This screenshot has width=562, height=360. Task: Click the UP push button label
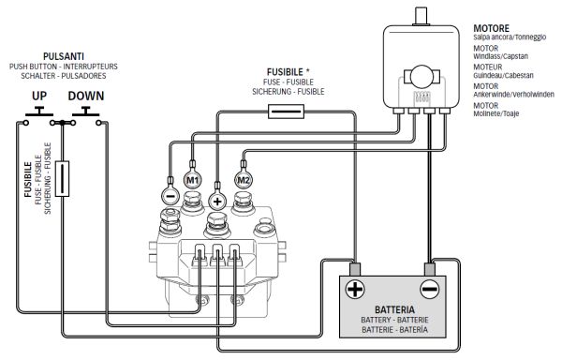coord(39,96)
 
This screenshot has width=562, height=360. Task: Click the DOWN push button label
coord(86,96)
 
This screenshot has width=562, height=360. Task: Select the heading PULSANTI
coord(64,56)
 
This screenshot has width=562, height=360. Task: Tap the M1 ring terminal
coord(192,179)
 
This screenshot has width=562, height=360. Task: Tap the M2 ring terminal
coord(244,179)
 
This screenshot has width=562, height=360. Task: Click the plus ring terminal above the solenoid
coord(217,202)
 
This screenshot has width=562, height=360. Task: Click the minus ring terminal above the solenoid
coord(170,196)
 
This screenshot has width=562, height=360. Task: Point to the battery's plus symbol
coord(355,289)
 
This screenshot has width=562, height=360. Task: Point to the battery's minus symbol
coord(429,289)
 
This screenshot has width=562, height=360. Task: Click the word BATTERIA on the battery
coord(394,309)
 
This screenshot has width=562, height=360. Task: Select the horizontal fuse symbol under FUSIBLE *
coord(287,112)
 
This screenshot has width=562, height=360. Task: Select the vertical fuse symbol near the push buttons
coord(62,178)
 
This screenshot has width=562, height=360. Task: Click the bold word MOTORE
coord(492,28)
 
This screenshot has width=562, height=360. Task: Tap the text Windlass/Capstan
coord(500,56)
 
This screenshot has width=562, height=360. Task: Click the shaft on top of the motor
coord(421,16)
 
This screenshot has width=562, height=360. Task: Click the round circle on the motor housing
coord(421,76)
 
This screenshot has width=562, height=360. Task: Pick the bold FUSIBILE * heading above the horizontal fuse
coord(288,72)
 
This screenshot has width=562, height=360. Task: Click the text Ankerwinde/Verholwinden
coord(513,95)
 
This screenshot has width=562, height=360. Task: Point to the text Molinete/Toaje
coord(496,113)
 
